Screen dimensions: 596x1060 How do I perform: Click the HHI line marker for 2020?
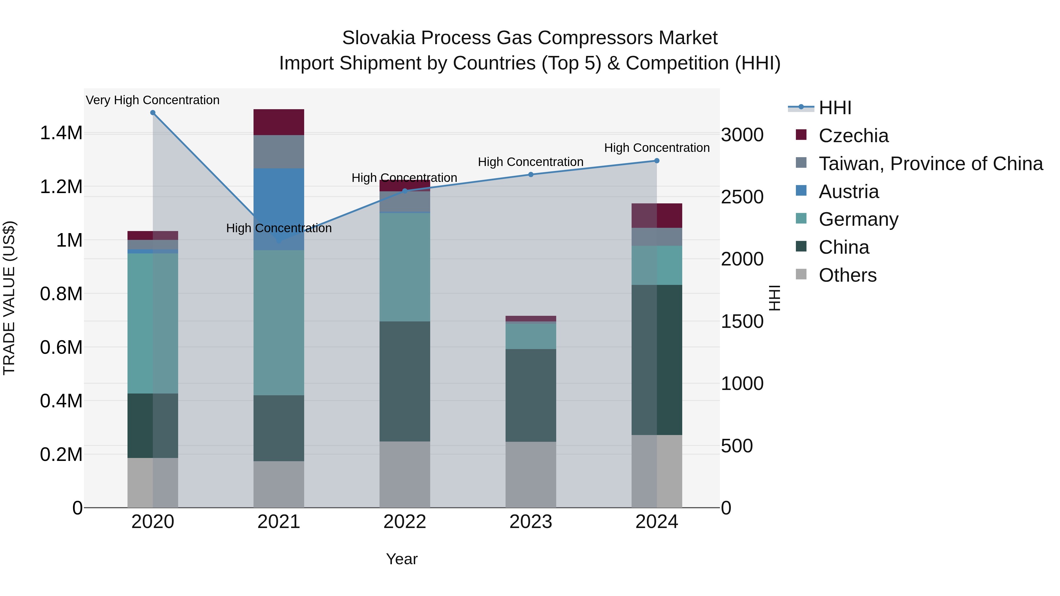click(x=153, y=113)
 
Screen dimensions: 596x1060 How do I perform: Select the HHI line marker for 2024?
click(x=656, y=161)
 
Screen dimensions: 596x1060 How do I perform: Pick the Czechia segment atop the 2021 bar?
click(x=279, y=122)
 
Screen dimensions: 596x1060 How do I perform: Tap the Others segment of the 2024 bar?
click(x=656, y=471)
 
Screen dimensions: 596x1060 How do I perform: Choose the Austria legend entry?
click(x=849, y=191)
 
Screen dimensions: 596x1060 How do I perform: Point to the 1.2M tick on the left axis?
click(x=61, y=187)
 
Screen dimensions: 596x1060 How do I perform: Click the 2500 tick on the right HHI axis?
click(x=742, y=197)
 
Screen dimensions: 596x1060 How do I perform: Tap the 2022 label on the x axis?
click(x=405, y=522)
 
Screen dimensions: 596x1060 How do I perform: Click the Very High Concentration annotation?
click(x=153, y=100)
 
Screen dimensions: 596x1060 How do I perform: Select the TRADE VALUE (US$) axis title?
click(x=9, y=298)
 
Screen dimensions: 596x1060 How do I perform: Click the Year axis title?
click(x=402, y=559)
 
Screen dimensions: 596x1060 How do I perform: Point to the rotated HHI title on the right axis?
click(x=774, y=298)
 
